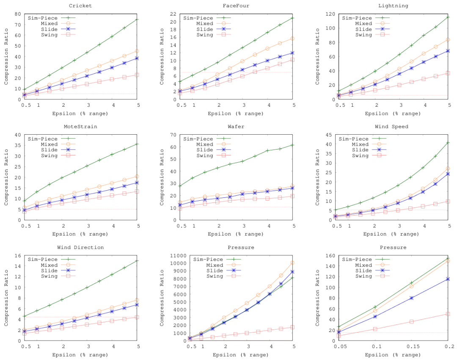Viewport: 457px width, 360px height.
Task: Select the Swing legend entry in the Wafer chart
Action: point(206,155)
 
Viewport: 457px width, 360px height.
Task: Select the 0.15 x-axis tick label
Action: point(408,346)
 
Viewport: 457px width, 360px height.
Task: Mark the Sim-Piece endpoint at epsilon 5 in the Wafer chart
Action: point(293,145)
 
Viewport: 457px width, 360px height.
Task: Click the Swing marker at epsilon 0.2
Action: point(448,314)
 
